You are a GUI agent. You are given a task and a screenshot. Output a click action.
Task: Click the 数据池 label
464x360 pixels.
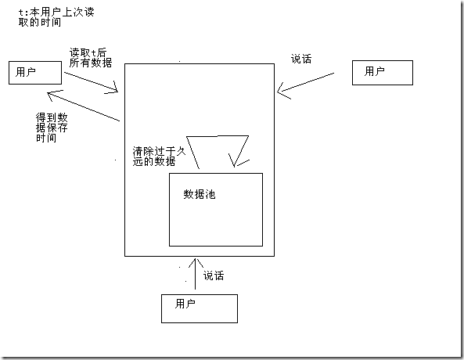pos(200,194)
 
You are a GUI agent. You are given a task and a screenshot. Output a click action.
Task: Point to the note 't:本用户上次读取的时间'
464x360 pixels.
pos(56,17)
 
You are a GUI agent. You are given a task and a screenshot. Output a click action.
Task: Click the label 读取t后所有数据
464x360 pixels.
pos(91,58)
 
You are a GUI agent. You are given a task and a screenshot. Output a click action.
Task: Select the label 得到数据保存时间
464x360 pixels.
pos(52,128)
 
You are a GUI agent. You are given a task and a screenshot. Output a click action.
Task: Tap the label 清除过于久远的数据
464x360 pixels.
pos(159,157)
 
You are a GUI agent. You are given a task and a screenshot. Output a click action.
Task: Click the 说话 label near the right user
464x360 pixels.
pos(301,59)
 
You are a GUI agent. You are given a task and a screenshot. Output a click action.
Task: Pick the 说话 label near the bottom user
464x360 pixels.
pos(214,275)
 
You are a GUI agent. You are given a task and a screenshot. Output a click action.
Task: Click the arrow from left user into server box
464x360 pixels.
pos(91,82)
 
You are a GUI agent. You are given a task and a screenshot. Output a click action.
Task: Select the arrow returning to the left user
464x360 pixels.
pos(84,106)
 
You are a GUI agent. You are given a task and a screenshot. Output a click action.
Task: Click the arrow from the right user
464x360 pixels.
pos(305,83)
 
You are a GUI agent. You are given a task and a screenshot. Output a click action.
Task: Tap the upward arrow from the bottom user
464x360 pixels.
pos(196,274)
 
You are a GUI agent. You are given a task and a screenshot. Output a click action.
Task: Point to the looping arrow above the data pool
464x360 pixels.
pos(218,136)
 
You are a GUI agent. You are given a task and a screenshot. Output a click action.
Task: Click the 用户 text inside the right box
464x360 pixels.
pos(374,71)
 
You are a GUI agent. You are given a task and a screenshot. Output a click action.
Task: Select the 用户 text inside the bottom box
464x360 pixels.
pos(185,304)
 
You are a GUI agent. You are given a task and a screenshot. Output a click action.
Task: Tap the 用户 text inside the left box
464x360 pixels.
pos(26,72)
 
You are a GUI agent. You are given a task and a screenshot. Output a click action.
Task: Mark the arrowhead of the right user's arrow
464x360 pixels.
pos(278,92)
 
